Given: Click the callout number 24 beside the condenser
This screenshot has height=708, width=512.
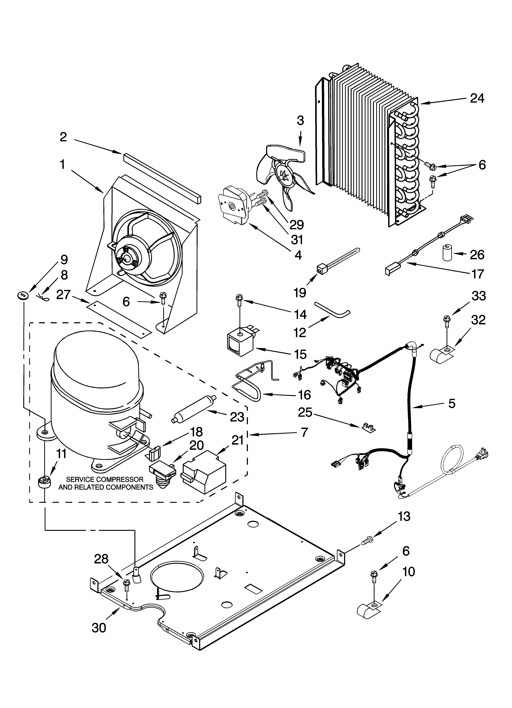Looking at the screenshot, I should (477, 98).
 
